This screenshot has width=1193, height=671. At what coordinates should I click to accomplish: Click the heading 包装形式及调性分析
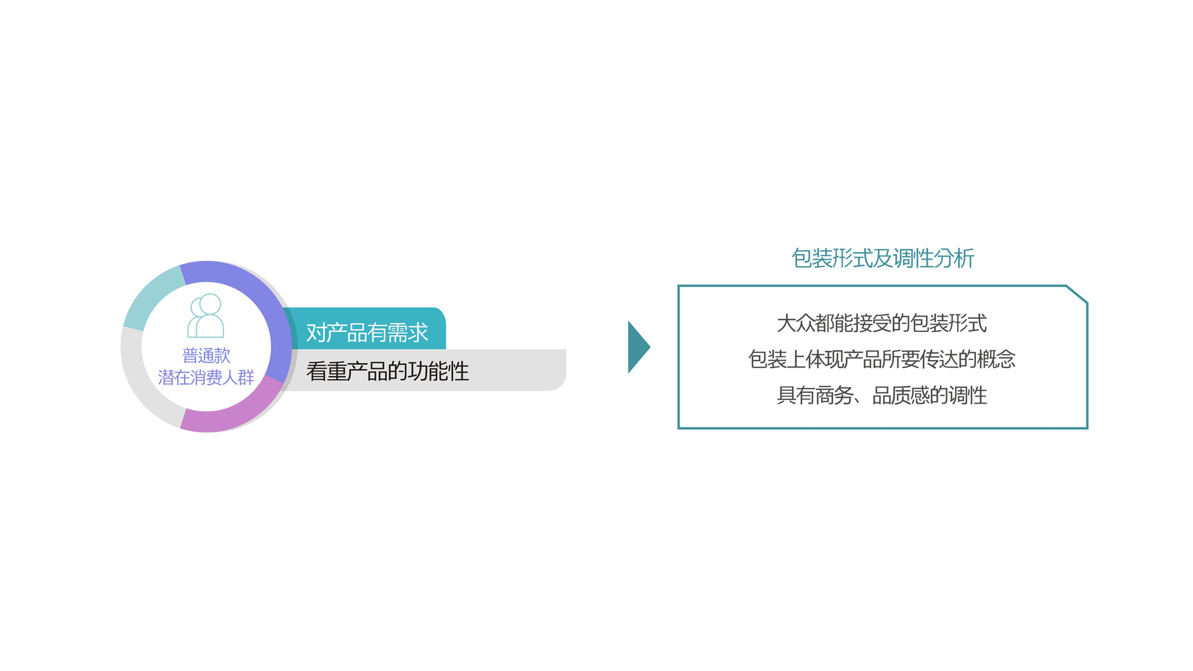coord(882,258)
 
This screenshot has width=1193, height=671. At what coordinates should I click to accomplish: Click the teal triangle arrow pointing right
coord(638,347)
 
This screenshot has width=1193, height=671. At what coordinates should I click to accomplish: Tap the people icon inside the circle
coord(206,316)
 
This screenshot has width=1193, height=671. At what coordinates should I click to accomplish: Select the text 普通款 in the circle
coord(206,355)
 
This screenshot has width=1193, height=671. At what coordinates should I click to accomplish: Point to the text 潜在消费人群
coord(206,378)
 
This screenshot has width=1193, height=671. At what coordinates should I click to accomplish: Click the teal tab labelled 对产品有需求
coord(367,331)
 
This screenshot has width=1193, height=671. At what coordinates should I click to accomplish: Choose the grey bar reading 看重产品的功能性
coord(425,371)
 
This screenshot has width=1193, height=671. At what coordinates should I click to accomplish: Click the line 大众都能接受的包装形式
coord(882,323)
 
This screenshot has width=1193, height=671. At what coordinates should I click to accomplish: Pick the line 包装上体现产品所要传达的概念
coord(882,359)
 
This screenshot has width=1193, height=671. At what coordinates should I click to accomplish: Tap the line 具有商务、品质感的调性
coord(882,395)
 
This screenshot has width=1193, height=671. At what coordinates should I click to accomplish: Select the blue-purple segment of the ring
coord(267,311)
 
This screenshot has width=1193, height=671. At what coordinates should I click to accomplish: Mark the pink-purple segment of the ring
coord(235,413)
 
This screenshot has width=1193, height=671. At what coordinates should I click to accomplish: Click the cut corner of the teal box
coord(1077,294)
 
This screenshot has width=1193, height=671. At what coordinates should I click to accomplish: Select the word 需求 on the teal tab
coord(408,332)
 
